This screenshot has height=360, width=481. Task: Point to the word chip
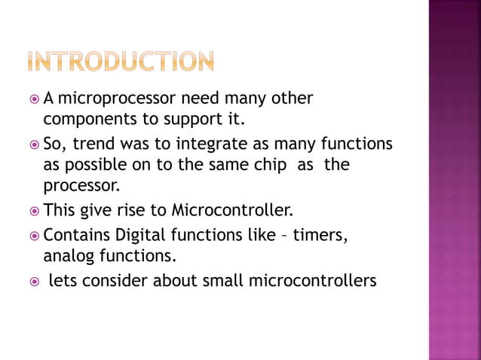pyautogui.click(x=274, y=163)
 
